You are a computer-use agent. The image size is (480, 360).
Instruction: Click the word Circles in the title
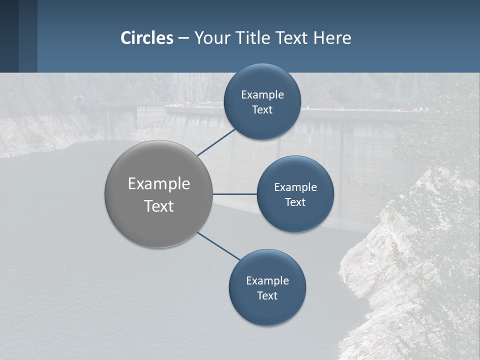(x=147, y=38)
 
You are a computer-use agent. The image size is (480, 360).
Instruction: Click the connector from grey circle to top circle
(x=216, y=142)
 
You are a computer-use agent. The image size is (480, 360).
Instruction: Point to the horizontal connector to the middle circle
(x=235, y=194)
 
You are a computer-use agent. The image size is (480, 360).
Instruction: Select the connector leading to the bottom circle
(x=218, y=246)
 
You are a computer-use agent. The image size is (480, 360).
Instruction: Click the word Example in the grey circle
(x=159, y=183)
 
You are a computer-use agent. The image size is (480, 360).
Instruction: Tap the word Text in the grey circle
(x=159, y=206)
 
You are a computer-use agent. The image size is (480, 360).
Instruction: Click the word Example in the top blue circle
(x=262, y=94)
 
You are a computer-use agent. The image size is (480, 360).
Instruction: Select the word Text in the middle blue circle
(x=295, y=202)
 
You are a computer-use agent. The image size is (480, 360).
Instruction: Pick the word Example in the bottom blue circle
(x=267, y=280)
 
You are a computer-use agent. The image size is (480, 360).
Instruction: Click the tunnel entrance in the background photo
(x=78, y=100)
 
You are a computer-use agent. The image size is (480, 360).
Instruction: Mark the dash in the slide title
(x=183, y=38)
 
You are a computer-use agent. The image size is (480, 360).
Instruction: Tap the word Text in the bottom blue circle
(x=267, y=295)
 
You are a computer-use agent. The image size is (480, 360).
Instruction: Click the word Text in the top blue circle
(x=262, y=109)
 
